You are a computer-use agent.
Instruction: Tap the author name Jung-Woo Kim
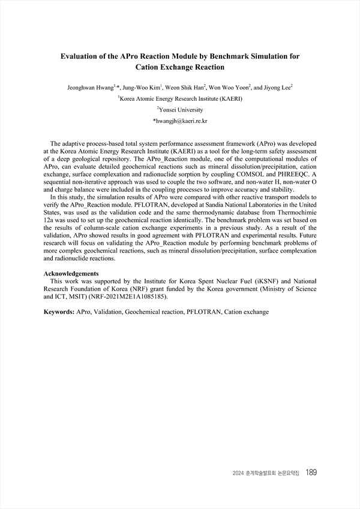[x=139, y=88]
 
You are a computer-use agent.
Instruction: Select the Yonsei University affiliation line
[x=180, y=110]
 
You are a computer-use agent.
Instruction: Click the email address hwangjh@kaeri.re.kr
[x=180, y=121]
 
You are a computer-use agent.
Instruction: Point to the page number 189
[x=311, y=472]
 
